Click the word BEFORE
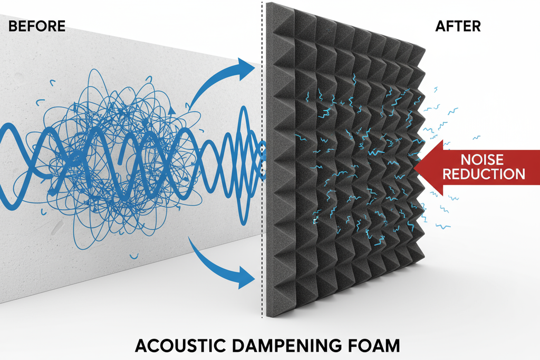click(x=37, y=26)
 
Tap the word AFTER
click(x=458, y=26)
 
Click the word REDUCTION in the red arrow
click(x=484, y=174)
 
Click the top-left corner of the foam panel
click(x=267, y=4)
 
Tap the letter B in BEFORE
click(x=13, y=26)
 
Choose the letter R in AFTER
click(x=476, y=26)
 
